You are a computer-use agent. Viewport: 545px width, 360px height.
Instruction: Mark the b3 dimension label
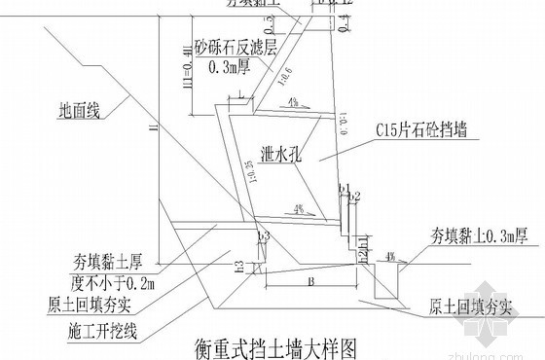point(262,236)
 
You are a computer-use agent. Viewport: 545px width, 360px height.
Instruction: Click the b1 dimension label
point(344,186)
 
